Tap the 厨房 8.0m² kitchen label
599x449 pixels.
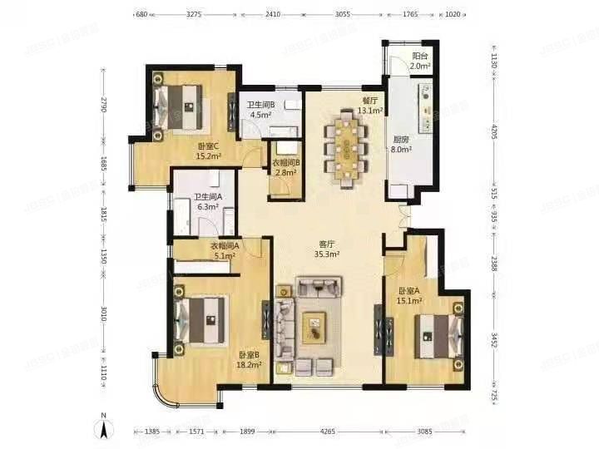[401, 146]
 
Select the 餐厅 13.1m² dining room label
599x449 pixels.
[370, 106]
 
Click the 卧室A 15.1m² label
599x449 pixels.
[408, 296]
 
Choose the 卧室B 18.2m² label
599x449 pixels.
[248, 359]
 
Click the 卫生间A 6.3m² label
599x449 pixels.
[207, 203]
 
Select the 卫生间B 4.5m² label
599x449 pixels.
[260, 111]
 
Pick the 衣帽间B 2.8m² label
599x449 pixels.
[286, 167]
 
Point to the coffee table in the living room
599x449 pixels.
[315, 327]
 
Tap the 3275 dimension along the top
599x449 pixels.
[194, 14]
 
